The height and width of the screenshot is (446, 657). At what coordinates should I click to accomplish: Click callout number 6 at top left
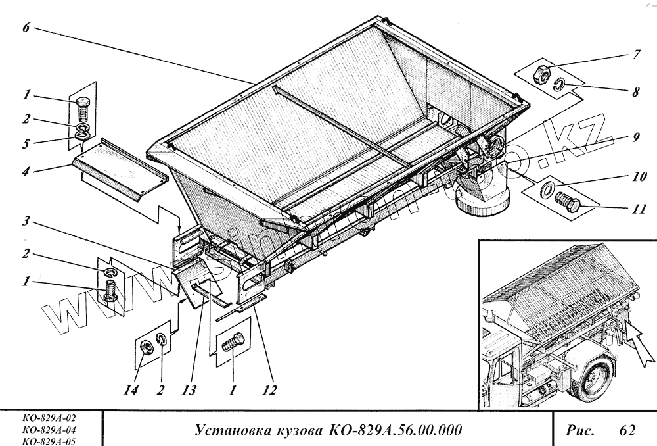tap(25, 30)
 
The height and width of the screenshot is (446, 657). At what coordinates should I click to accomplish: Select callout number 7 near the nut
tap(636, 55)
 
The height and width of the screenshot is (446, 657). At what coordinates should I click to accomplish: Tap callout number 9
tap(636, 139)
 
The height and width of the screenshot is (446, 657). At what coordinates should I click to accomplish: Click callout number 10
tap(636, 178)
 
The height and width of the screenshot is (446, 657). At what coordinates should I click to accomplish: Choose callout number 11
tap(636, 211)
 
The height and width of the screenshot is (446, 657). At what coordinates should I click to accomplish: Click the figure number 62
tap(627, 431)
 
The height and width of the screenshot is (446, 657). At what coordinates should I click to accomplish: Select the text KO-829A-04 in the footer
tap(49, 431)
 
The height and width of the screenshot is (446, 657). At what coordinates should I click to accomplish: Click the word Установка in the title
tap(230, 431)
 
